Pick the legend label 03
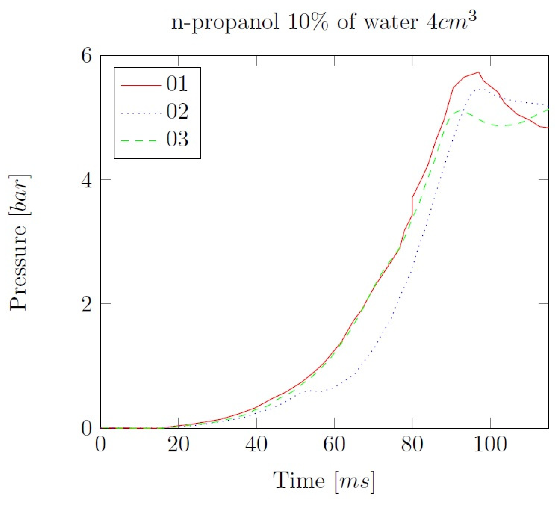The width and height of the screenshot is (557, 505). [x=177, y=139]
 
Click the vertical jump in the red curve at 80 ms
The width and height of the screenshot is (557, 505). [x=412, y=206]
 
